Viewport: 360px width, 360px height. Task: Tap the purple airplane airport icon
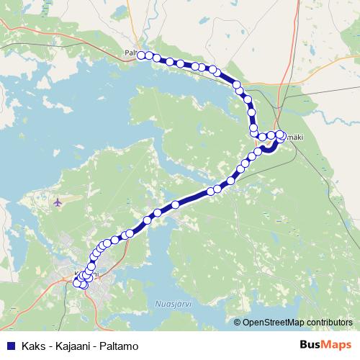coord(58,202)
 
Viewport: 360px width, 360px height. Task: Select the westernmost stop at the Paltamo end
coord(141,55)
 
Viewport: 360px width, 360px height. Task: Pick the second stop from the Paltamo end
coord(148,55)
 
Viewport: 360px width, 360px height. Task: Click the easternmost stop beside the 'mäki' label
coord(281,134)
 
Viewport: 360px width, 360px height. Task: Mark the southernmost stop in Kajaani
coord(84,285)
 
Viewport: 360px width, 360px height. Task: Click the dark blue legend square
coord(10,346)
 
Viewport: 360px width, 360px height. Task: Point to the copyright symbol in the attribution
coord(237,322)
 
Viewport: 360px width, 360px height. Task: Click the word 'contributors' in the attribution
coord(331,322)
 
